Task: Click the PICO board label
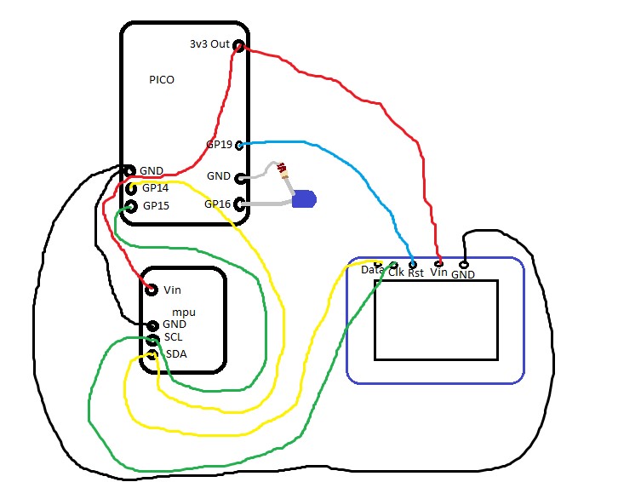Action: pos(161,79)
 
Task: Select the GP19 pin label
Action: pos(219,145)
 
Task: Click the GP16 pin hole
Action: pos(239,204)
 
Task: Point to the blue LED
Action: pos(303,200)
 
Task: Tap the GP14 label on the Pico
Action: pos(156,188)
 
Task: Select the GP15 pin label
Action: pos(156,206)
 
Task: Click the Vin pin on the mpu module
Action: pos(151,290)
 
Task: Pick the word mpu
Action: pos(184,313)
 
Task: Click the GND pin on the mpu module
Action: pos(152,325)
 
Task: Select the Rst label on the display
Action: pos(415,273)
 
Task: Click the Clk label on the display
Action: pos(396,273)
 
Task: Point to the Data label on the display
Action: pos(372,270)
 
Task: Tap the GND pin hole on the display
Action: pos(464,264)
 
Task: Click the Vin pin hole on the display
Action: pos(439,262)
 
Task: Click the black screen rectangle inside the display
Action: pos(436,319)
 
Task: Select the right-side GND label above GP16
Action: pos(219,176)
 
